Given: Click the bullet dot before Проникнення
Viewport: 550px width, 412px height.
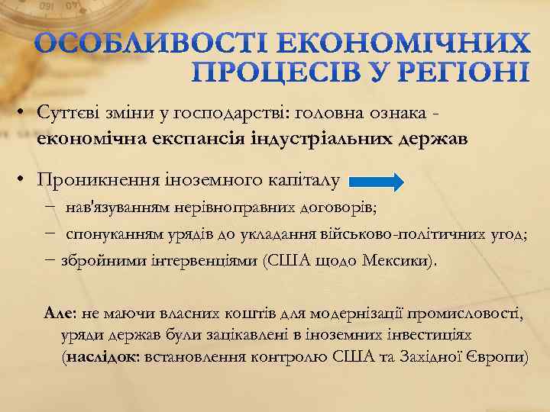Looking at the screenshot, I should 24,181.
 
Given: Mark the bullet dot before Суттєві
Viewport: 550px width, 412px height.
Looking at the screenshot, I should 24,113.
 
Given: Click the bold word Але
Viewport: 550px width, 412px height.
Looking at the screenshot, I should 60,312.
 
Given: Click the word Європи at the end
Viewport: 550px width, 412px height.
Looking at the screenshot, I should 500,356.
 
